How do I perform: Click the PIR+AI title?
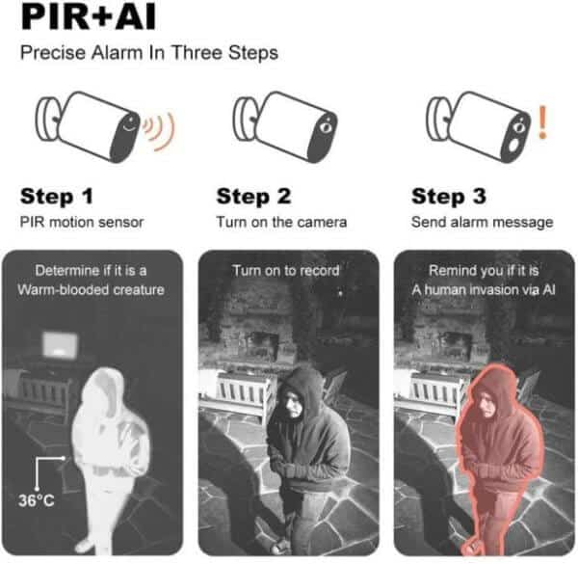89,16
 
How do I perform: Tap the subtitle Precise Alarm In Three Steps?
149,52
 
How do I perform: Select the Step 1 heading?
57,197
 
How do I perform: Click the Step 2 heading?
253,197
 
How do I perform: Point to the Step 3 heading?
449,197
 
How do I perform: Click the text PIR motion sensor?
82,222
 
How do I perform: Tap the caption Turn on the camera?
281,222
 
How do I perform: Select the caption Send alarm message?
483,223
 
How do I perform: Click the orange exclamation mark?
542,122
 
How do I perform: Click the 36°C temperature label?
37,500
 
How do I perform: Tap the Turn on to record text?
286,271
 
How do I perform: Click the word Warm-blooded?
63,290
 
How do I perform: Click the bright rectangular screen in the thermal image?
60,344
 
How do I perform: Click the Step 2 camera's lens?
326,127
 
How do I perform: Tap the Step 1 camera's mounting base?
46,119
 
